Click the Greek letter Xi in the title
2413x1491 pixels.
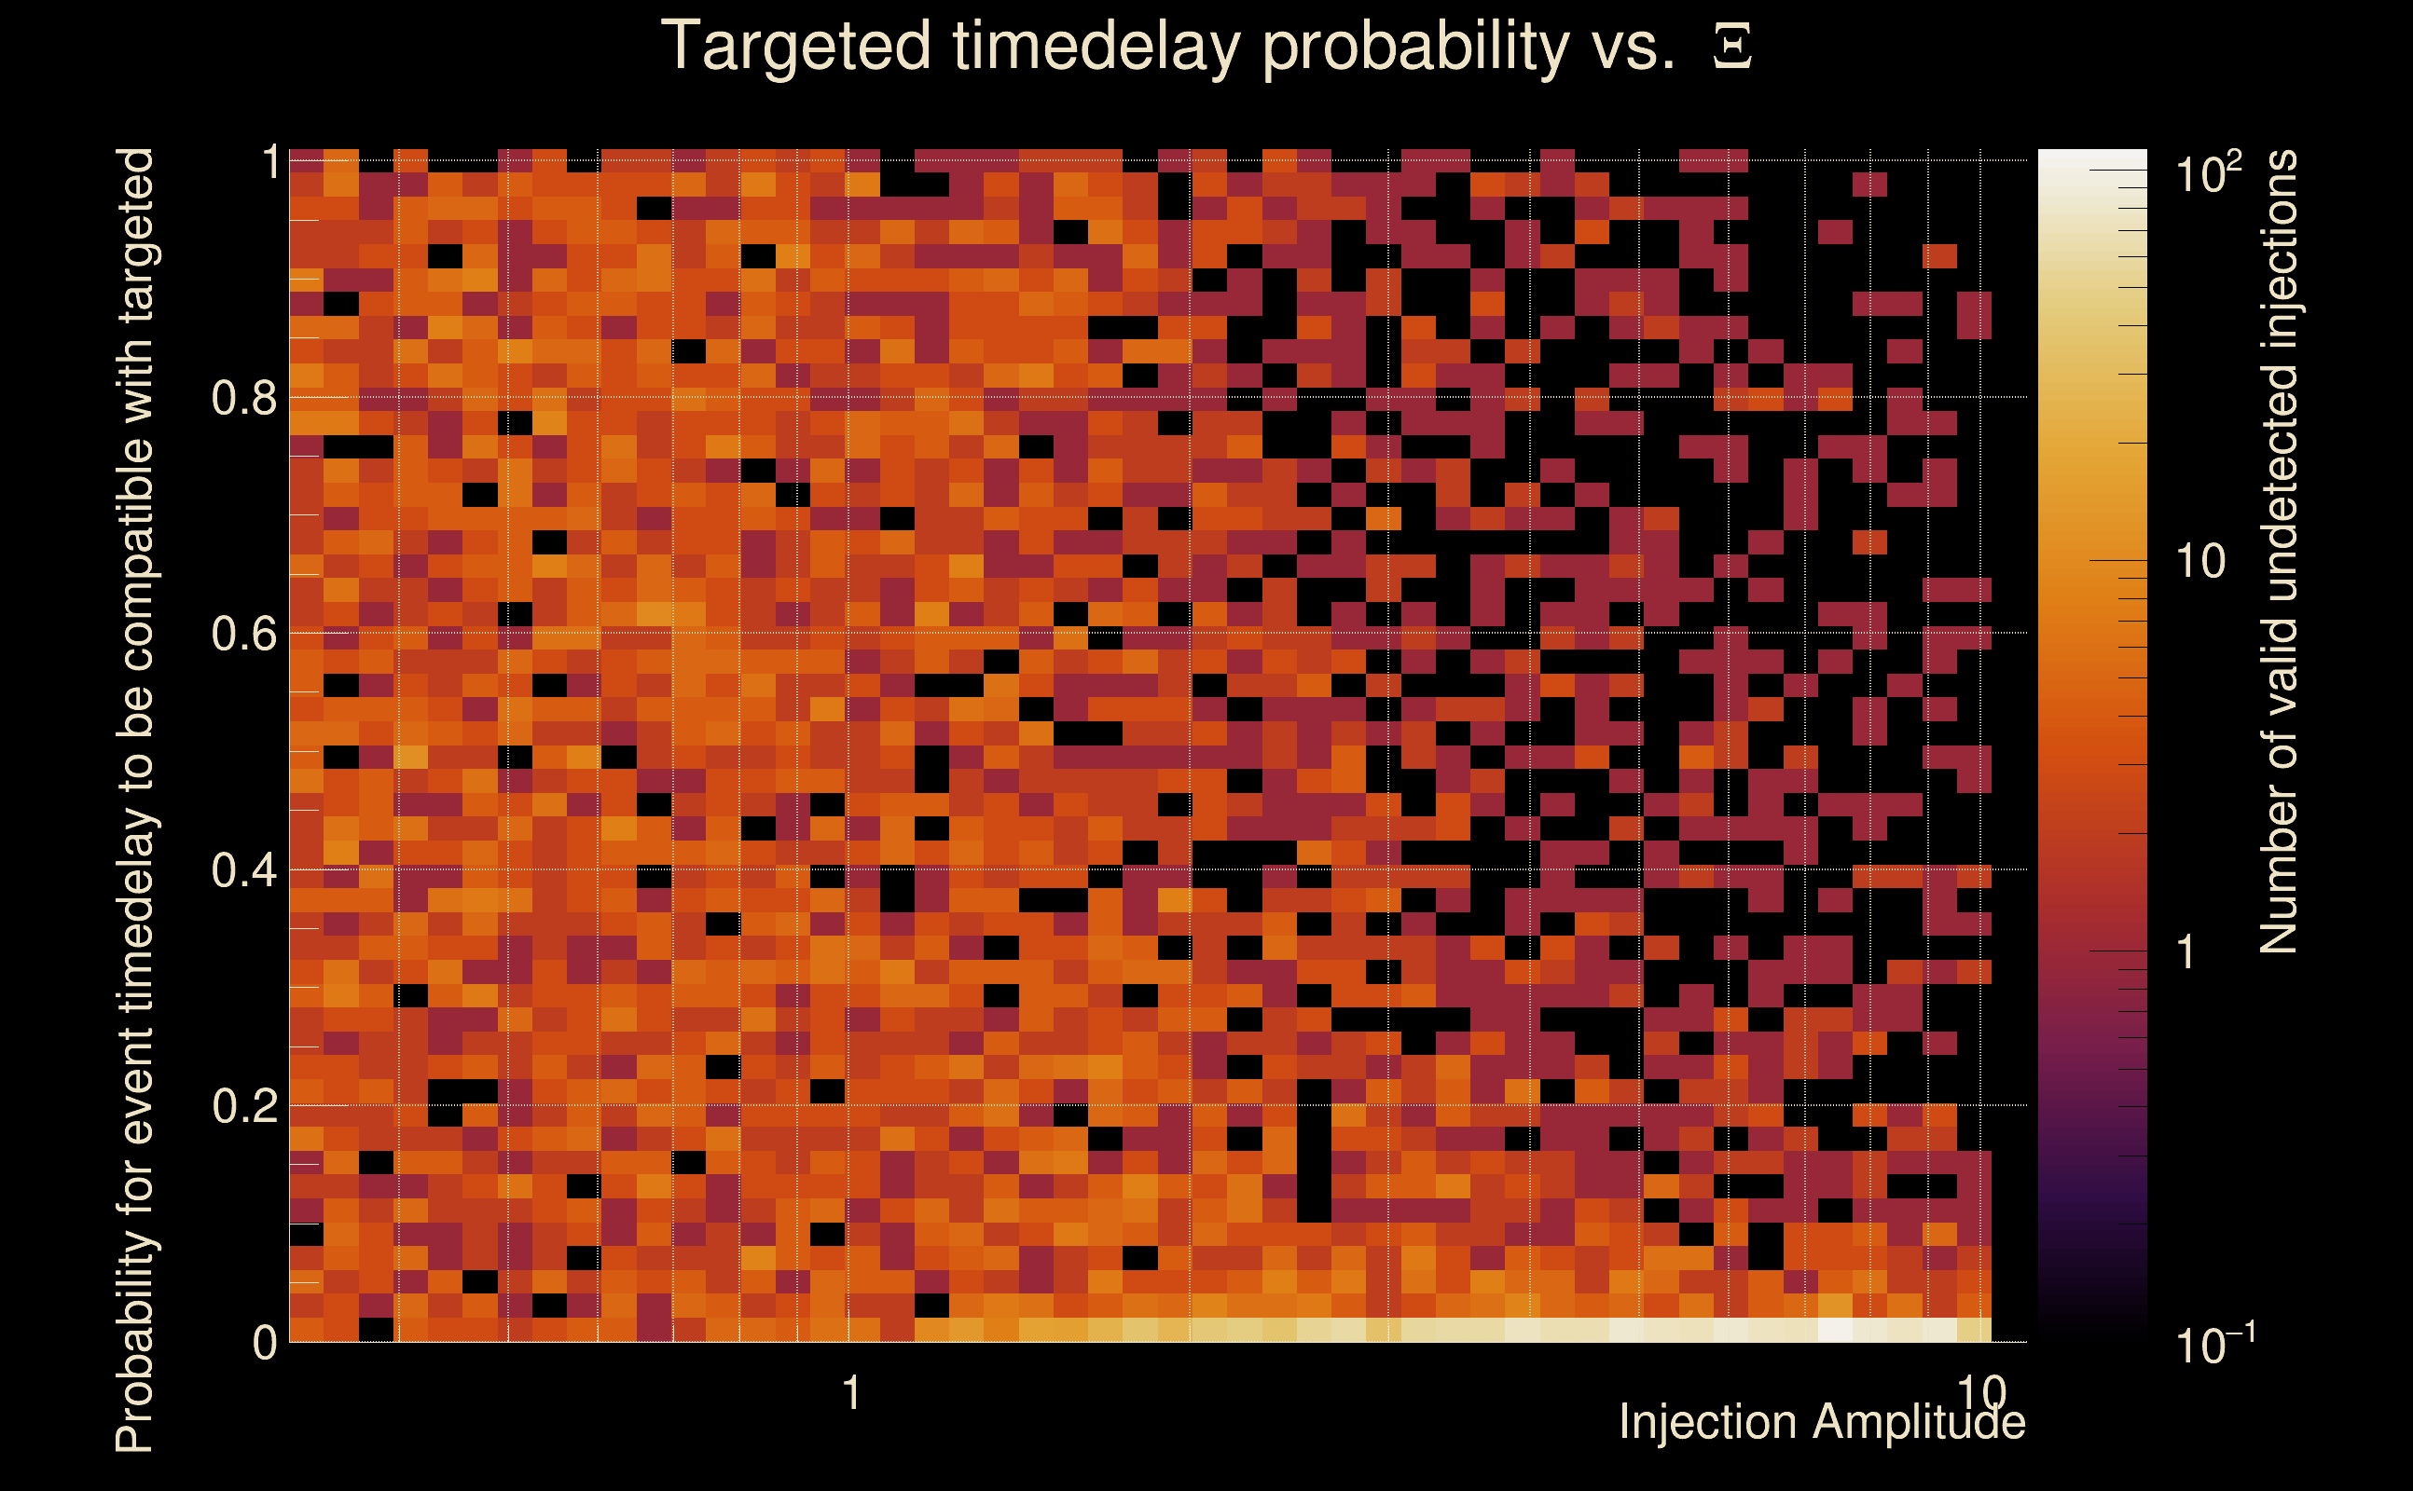coord(1732,47)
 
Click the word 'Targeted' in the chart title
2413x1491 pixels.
coord(795,48)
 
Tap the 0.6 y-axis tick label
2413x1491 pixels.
coord(243,633)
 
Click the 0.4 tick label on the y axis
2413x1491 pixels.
coord(243,869)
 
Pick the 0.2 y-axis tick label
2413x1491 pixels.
coord(243,1105)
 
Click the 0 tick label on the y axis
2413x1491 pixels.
coord(265,1342)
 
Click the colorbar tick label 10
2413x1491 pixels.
coord(2199,561)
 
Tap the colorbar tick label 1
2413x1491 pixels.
coord(2186,951)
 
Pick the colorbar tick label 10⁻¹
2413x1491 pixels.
coord(2213,1342)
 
